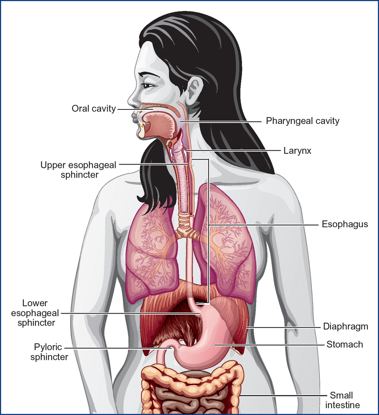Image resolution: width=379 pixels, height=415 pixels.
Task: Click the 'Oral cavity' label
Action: [x=93, y=109]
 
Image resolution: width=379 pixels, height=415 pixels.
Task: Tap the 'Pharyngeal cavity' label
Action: [x=302, y=121]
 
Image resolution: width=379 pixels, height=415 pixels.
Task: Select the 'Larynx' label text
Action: [x=297, y=150]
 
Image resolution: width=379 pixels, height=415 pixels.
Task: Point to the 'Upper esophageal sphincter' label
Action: [x=78, y=169]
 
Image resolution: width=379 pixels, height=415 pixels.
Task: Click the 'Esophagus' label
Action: [x=344, y=224]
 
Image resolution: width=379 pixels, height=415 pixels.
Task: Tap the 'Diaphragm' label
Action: [x=345, y=326]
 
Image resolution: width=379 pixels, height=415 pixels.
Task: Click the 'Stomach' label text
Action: [x=344, y=344]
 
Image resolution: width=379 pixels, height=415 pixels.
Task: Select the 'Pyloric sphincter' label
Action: [x=51, y=352]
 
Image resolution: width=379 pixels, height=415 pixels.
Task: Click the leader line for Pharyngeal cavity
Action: [x=223, y=122]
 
